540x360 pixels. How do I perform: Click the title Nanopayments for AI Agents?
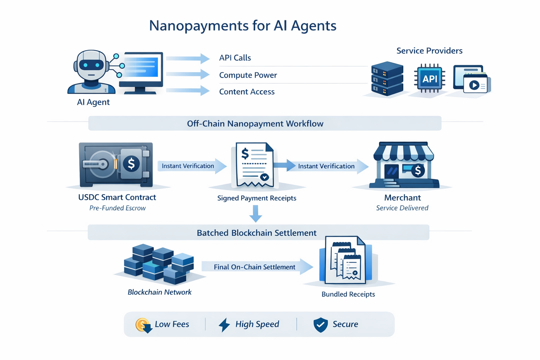[243, 26]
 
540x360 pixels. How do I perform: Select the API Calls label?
[235, 58]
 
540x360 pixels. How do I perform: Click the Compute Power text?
[248, 75]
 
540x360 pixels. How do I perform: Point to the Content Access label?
[246, 92]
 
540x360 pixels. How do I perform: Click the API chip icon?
[430, 78]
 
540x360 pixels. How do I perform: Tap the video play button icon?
[474, 85]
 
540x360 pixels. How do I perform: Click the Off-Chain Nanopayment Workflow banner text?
[255, 124]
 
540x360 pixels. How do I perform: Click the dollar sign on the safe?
[131, 164]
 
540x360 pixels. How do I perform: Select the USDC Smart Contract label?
[117, 197]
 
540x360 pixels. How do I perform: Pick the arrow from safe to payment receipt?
[192, 166]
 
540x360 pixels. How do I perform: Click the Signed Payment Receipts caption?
[257, 198]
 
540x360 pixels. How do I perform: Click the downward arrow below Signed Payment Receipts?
[256, 214]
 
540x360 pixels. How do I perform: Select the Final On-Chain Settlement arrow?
[257, 267]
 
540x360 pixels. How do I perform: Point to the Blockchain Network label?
[160, 292]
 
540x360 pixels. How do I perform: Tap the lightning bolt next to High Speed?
[224, 324]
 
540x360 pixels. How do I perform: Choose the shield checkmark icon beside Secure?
[320, 324]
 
